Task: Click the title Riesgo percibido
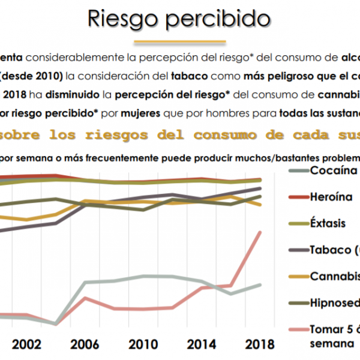pyautogui.click(x=179, y=19)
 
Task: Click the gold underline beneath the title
pyautogui.click(x=179, y=42)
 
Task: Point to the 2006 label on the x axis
pyautogui.click(x=85, y=345)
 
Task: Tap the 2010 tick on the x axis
pyautogui.click(x=143, y=345)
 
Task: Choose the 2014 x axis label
pyautogui.click(x=202, y=345)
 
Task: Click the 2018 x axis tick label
pyautogui.click(x=260, y=345)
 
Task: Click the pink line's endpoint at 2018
pyautogui.click(x=260, y=232)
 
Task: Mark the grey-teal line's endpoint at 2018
pyautogui.click(x=260, y=284)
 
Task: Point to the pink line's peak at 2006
pyautogui.click(x=85, y=298)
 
